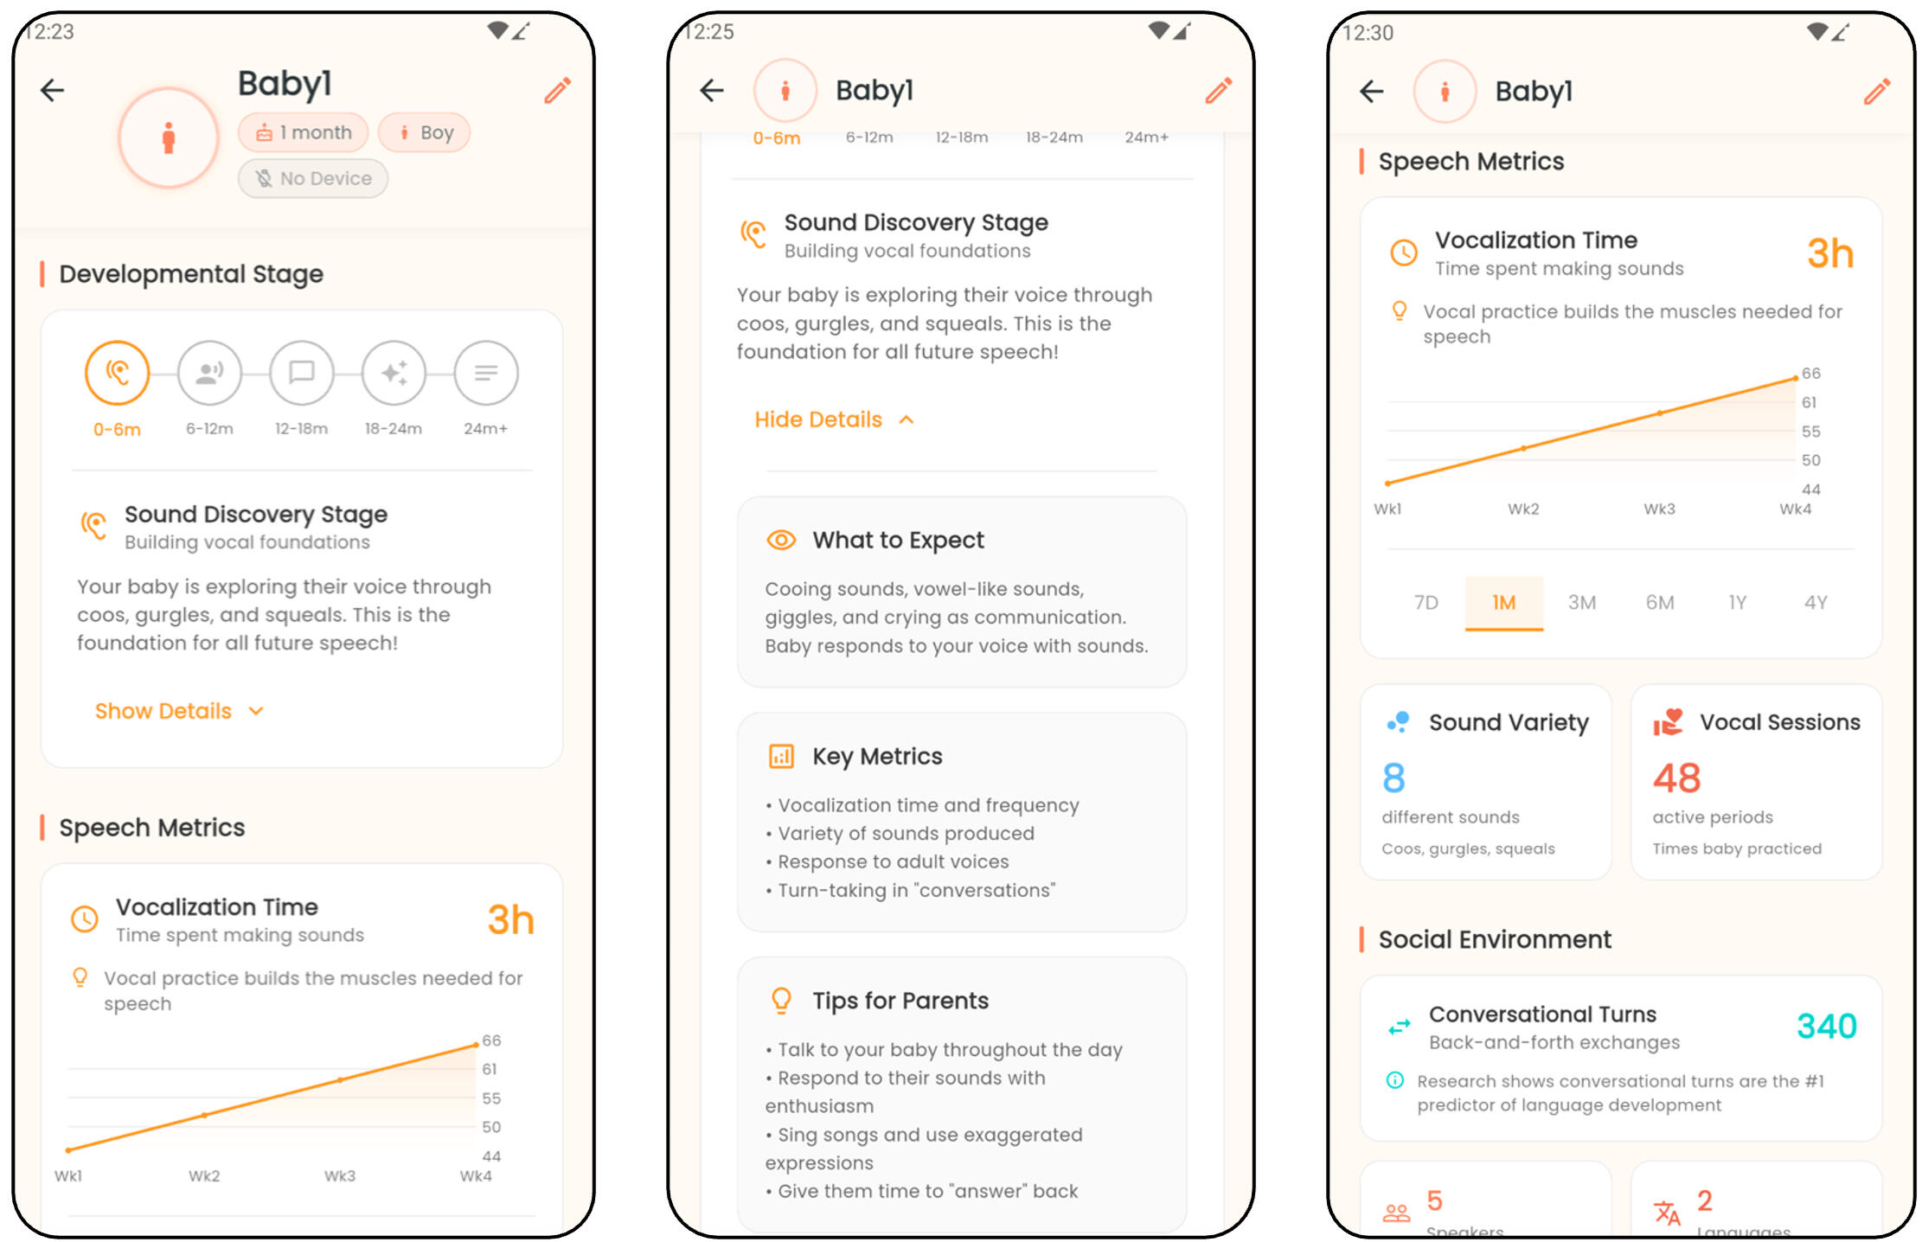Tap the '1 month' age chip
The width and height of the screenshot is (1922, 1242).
click(303, 132)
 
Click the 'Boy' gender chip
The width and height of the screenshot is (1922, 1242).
click(424, 132)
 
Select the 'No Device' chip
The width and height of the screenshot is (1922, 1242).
click(313, 178)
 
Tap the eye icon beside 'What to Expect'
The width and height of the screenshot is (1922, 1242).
click(781, 540)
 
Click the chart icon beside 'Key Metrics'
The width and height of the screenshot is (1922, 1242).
click(781, 756)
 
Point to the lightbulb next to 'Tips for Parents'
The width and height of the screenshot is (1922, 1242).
click(781, 1001)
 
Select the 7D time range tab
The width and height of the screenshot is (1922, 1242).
click(1426, 602)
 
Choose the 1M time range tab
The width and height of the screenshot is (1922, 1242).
click(1504, 602)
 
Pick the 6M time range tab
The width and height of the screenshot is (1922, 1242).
click(1660, 602)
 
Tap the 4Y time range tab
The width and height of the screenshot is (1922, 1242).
click(1816, 602)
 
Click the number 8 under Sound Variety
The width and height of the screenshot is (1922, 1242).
click(1393, 778)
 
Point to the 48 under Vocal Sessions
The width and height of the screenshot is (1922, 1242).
click(1676, 778)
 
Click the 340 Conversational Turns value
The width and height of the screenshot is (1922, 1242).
click(1826, 1026)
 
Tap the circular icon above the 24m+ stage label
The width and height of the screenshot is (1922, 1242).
click(486, 373)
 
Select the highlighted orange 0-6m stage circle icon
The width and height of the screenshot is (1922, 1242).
click(117, 373)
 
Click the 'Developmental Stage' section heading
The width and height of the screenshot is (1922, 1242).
click(191, 274)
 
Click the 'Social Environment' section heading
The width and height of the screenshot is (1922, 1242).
click(1495, 939)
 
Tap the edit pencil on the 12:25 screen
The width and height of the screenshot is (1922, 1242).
click(1218, 90)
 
